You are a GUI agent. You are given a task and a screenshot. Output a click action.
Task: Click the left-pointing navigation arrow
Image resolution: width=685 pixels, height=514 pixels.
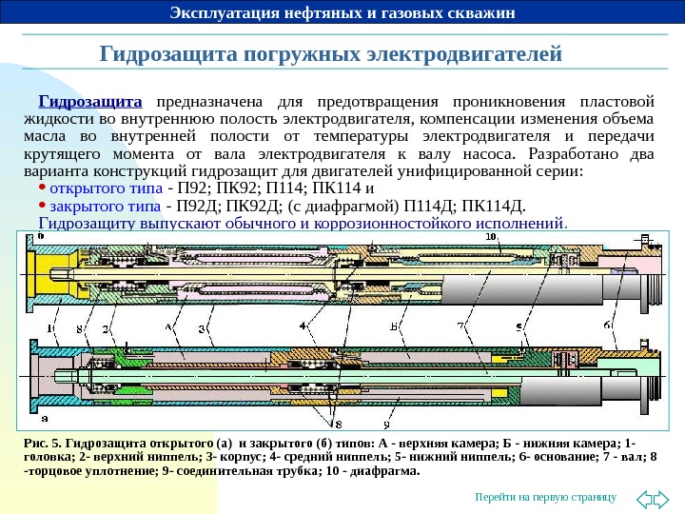click(x=642, y=497)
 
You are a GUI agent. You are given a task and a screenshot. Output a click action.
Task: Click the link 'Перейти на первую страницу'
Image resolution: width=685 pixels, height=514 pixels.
click(x=546, y=498)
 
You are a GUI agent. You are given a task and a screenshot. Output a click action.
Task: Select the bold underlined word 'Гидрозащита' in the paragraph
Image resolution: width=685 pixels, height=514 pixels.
click(x=89, y=100)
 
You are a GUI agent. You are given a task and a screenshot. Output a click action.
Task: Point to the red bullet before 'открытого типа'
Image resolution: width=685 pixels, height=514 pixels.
click(x=43, y=187)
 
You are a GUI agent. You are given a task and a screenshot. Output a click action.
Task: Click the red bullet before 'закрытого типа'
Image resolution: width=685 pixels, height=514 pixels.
click(x=43, y=204)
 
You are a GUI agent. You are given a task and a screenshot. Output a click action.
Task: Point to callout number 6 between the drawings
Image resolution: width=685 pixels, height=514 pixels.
click(x=606, y=326)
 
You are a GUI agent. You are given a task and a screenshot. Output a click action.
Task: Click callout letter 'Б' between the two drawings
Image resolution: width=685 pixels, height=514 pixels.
click(x=394, y=326)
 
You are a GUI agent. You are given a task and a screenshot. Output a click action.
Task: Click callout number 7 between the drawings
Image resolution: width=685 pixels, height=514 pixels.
click(x=460, y=326)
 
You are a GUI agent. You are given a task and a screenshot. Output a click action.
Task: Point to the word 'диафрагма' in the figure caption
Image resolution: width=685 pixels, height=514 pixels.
click(x=384, y=469)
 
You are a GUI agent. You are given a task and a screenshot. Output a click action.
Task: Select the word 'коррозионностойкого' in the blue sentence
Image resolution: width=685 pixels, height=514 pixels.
click(x=399, y=225)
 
